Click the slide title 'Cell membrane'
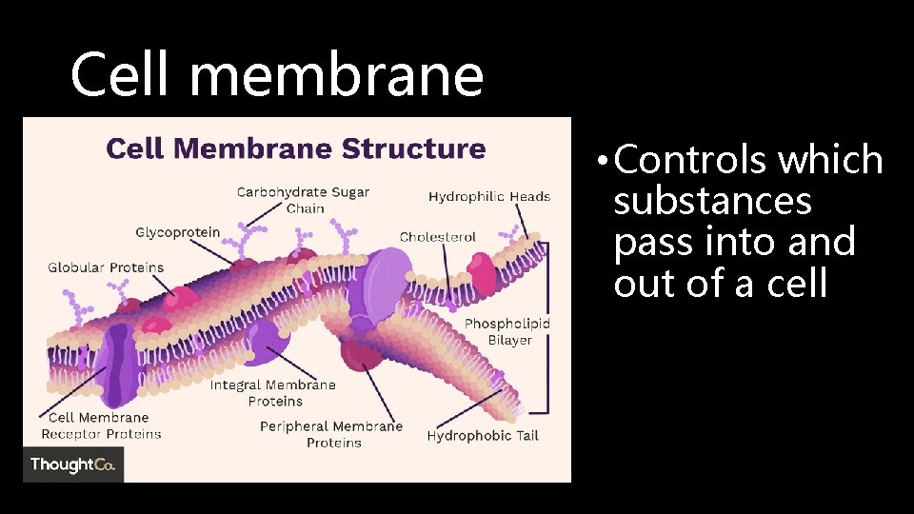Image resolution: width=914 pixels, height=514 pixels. pyautogui.click(x=277, y=75)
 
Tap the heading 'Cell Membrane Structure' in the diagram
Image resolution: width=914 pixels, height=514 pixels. pyautogui.click(x=295, y=148)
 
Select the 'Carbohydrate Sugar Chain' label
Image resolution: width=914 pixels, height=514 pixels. pyautogui.click(x=303, y=200)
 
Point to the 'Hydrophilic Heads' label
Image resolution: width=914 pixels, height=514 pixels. pyautogui.click(x=489, y=197)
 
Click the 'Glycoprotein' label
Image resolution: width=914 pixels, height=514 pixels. pyautogui.click(x=177, y=232)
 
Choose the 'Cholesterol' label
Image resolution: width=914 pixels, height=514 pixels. pyautogui.click(x=438, y=237)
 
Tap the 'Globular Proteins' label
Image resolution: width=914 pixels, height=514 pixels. pyautogui.click(x=106, y=267)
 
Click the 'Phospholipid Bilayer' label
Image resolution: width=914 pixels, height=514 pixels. pyautogui.click(x=507, y=332)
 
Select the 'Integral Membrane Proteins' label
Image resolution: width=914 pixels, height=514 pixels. pyautogui.click(x=273, y=393)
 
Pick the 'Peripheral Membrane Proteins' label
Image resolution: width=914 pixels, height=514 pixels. pyautogui.click(x=331, y=434)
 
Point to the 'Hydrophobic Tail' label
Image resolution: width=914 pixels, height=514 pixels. pyautogui.click(x=483, y=436)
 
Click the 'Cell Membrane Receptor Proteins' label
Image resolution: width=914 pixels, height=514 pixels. pyautogui.click(x=100, y=425)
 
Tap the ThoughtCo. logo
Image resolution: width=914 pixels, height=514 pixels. pyautogui.click(x=73, y=465)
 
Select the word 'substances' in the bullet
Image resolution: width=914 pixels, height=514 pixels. pyautogui.click(x=713, y=202)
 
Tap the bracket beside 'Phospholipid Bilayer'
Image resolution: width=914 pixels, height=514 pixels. pyautogui.click(x=545, y=327)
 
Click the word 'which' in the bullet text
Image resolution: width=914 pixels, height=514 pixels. pyautogui.click(x=831, y=162)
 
